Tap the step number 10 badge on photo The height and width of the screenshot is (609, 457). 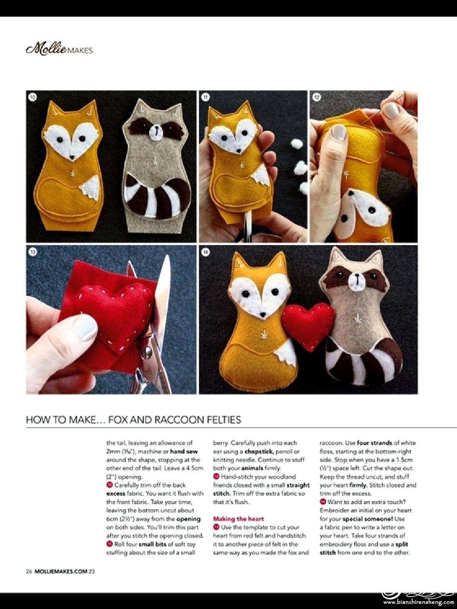click(33, 97)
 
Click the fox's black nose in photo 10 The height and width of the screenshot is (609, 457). click(72, 157)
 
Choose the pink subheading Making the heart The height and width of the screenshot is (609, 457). click(238, 518)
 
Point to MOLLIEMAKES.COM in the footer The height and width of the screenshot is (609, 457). click(61, 571)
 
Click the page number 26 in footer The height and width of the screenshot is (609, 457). click(29, 571)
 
